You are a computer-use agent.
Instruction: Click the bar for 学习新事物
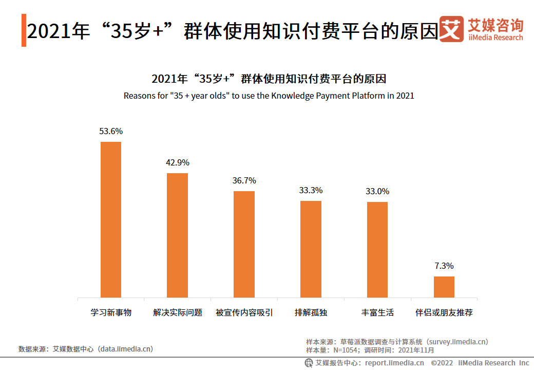(111, 219)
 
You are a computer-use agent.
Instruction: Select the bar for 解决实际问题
(178, 235)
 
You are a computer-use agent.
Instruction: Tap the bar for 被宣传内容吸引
(244, 244)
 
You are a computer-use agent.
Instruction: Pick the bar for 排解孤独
(311, 249)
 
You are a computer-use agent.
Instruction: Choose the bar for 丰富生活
(377, 249)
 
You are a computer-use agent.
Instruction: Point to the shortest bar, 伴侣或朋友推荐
(444, 287)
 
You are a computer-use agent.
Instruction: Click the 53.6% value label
(111, 132)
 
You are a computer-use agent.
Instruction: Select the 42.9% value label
(178, 163)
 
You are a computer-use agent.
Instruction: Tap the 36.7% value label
(244, 181)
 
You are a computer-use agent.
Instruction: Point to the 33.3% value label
(311, 191)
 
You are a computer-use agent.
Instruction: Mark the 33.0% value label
(377, 192)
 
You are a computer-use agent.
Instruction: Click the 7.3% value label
(444, 266)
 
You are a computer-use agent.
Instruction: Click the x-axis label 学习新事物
(111, 312)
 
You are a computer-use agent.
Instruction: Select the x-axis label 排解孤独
(311, 312)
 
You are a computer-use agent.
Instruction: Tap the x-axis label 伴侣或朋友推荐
(444, 312)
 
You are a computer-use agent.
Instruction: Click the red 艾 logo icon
(451, 29)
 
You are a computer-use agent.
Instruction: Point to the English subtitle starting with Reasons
(269, 96)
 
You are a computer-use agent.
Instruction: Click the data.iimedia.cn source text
(126, 349)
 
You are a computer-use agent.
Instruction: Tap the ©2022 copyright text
(442, 363)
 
